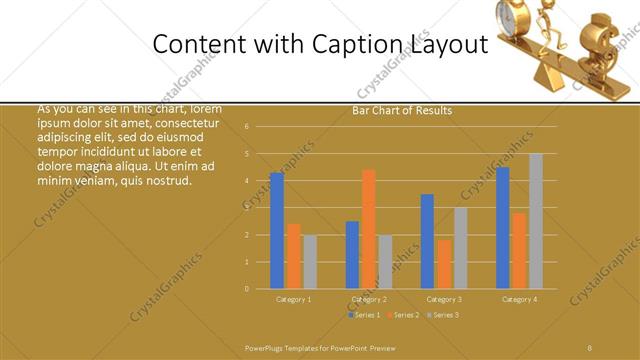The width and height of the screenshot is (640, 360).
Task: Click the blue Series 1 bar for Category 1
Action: pos(277,231)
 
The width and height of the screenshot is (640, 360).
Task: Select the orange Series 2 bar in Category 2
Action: pos(369,229)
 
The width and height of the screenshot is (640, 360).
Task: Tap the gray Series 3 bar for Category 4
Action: pos(536,221)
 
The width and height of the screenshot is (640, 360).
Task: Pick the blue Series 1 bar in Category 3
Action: pos(427,241)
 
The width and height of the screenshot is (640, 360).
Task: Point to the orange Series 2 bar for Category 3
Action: pos(444,264)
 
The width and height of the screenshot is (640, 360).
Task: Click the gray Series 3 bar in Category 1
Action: pos(310,262)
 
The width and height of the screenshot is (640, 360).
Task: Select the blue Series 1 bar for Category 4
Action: pos(502,228)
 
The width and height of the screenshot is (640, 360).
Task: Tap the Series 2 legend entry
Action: pos(402,315)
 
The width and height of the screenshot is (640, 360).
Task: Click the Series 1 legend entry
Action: pos(363,315)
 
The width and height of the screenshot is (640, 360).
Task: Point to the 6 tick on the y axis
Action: pos(260,127)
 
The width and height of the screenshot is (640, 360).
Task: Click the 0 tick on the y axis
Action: pos(260,289)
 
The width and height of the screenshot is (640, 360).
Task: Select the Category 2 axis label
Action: pos(368,299)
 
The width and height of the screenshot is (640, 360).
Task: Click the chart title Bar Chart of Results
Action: pos(402,110)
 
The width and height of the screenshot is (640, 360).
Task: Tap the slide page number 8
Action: pos(590,347)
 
